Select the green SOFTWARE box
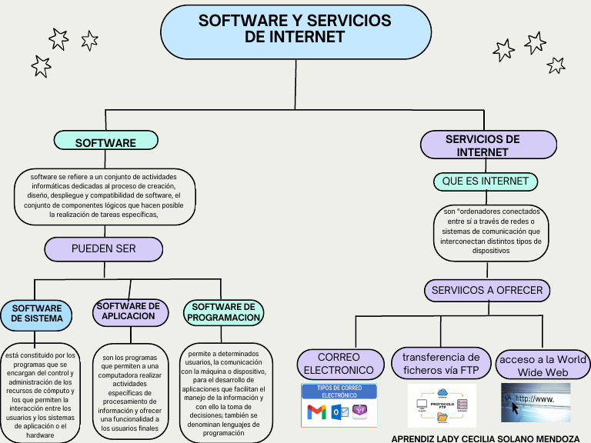tap(106, 142)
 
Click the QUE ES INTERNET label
tap(485, 182)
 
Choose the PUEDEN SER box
tap(103, 249)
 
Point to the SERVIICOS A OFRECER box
tap(486, 291)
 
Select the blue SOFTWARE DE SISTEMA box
tap(36, 314)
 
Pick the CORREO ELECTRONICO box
tap(339, 364)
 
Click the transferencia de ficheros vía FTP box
tap(441, 364)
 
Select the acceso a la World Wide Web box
tap(543, 365)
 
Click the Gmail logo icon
tap(316, 412)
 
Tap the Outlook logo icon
tap(339, 412)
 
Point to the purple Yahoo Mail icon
tap(360, 412)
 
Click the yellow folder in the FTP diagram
tap(442, 418)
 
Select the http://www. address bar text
tap(534, 399)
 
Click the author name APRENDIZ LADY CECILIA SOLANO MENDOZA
tap(486, 438)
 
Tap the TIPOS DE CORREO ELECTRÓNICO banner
tap(339, 391)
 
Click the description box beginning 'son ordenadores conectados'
tap(491, 230)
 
